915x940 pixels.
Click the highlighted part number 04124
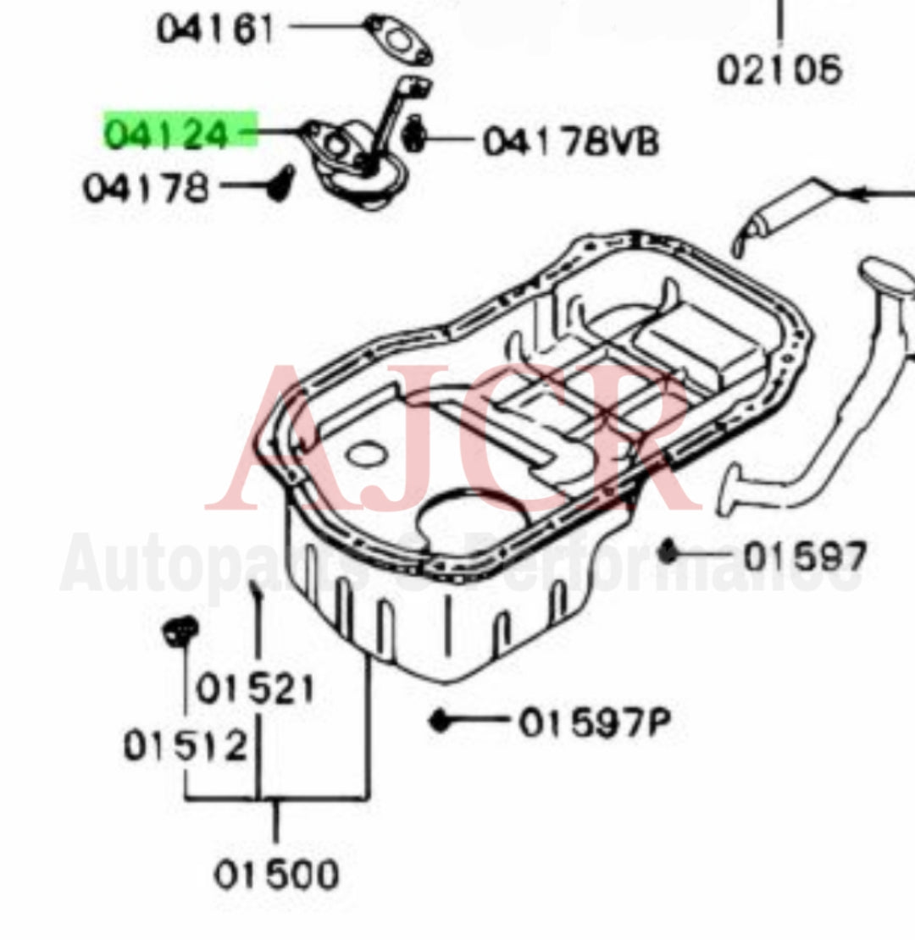pyautogui.click(x=167, y=133)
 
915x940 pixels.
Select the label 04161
pyautogui.click(x=215, y=31)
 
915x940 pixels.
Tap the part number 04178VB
pyautogui.click(x=570, y=141)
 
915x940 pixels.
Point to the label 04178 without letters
pyautogui.click(x=145, y=187)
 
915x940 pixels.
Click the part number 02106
pyautogui.click(x=779, y=69)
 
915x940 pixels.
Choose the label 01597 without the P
pyautogui.click(x=805, y=556)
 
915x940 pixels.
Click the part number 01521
pyautogui.click(x=255, y=689)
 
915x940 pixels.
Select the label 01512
pyautogui.click(x=186, y=746)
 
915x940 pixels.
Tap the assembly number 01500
pyautogui.click(x=275, y=874)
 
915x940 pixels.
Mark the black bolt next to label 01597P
pyautogui.click(x=439, y=722)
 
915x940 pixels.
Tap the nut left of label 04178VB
pyautogui.click(x=413, y=137)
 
